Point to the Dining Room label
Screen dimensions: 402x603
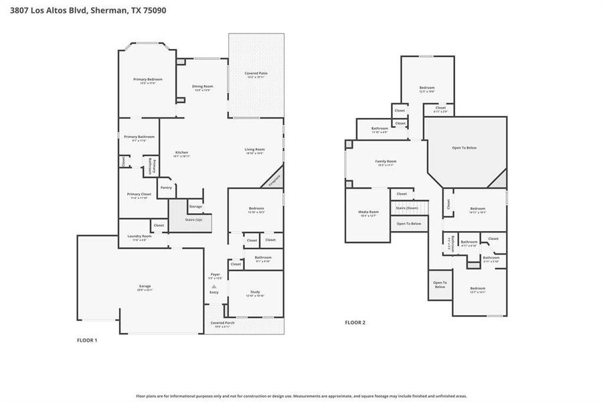point(203,87)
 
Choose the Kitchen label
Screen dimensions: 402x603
point(182,153)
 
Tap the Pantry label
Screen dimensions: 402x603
point(166,188)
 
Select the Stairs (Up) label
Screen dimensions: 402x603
point(195,220)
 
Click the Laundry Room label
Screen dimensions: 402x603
point(139,237)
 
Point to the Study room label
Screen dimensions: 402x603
point(256,293)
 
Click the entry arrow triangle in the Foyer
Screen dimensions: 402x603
point(214,286)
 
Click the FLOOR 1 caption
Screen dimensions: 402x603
point(87,340)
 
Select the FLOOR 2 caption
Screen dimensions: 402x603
point(355,322)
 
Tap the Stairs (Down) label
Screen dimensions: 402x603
point(407,208)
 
